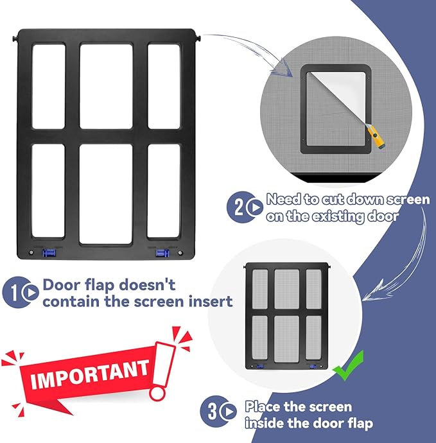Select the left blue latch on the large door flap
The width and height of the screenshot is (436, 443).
[48, 253]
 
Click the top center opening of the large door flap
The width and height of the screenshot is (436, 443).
[106, 85]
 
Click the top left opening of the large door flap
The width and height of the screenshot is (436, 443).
[48, 85]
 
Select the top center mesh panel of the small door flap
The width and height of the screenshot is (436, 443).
[287, 288]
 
